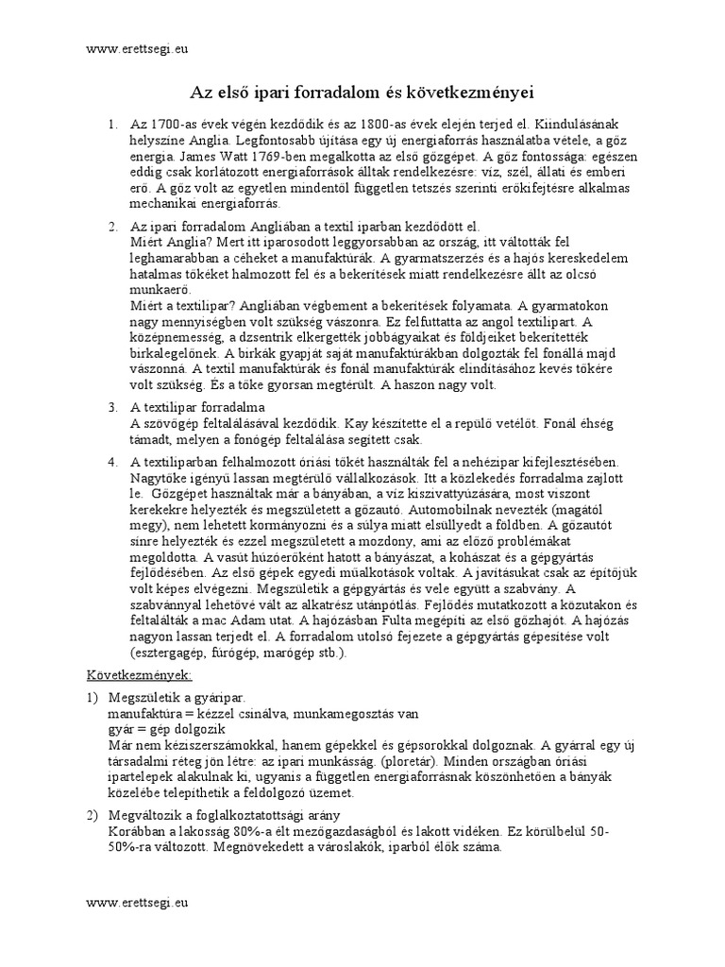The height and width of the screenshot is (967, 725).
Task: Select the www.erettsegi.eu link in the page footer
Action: point(137,903)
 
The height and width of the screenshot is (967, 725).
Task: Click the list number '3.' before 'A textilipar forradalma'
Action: point(112,408)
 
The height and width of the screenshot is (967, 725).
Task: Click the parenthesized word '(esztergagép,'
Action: point(171,653)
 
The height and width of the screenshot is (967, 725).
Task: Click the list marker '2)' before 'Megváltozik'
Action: point(93,815)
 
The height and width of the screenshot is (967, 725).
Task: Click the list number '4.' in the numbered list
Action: point(112,462)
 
